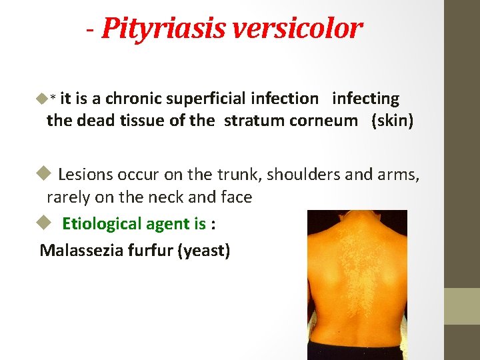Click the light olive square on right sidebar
[x=462, y=306]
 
